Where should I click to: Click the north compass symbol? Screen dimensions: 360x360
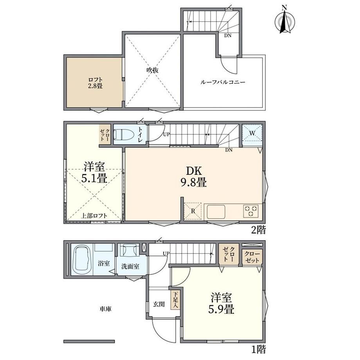(285, 20)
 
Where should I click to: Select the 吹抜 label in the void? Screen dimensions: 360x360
(153, 70)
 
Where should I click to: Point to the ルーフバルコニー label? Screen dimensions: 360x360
(223, 82)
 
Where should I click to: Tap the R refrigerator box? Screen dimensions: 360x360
(193, 211)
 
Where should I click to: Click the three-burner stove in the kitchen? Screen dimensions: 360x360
(251, 211)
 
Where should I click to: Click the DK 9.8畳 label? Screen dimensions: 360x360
(194, 176)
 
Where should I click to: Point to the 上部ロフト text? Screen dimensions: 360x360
(94, 216)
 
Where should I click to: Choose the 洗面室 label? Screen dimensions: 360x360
(130, 266)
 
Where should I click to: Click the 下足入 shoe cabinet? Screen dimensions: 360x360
(176, 300)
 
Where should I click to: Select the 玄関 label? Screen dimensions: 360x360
(159, 304)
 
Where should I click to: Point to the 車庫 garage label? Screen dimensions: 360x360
(105, 309)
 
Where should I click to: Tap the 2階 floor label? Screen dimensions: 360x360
(258, 230)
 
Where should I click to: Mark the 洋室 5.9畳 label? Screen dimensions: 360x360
(221, 303)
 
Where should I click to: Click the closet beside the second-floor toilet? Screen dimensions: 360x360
(105, 135)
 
